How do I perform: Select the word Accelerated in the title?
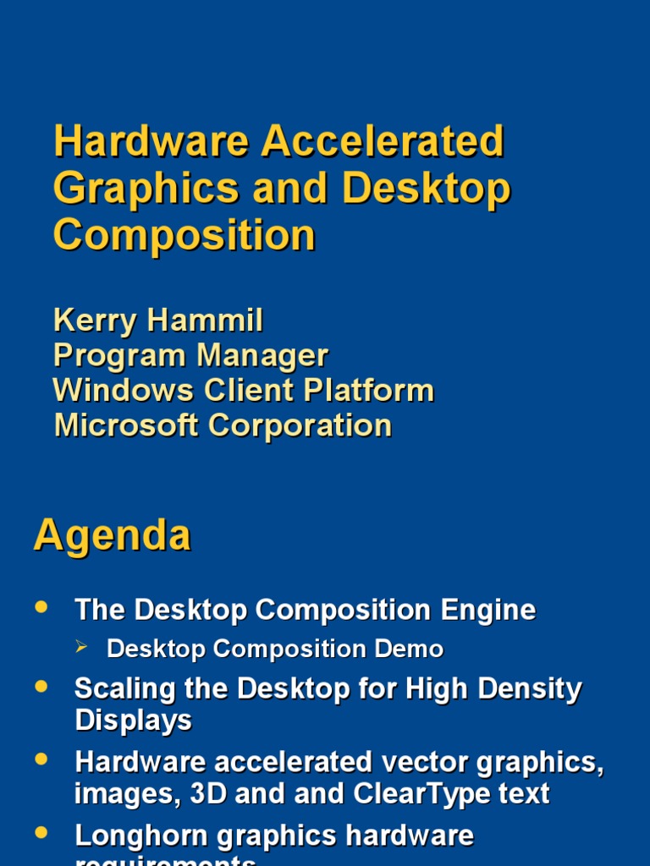(x=383, y=141)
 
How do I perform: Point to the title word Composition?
(x=185, y=235)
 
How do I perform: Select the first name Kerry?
(x=95, y=321)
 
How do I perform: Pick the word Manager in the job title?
(x=262, y=355)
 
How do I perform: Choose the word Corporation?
(x=300, y=425)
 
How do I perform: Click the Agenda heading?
(x=113, y=536)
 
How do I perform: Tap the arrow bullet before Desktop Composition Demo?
(x=82, y=647)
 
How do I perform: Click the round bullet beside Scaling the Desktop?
(x=41, y=688)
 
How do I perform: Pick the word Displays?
(x=133, y=721)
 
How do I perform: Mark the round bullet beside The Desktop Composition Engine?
(x=41, y=607)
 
